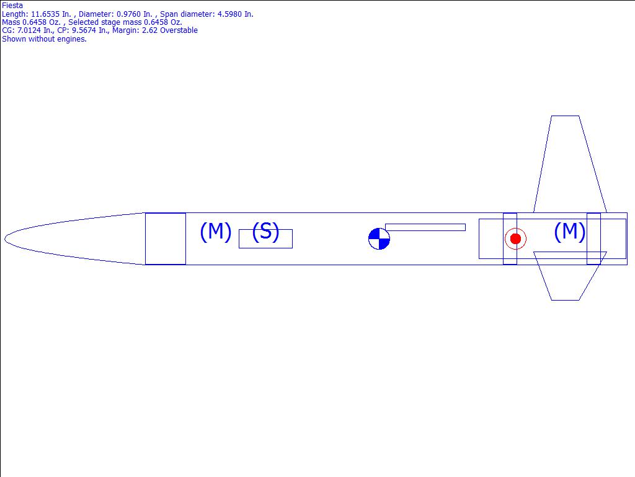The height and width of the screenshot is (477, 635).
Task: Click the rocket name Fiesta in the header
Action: click(x=12, y=6)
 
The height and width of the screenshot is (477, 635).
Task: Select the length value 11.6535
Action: click(x=47, y=14)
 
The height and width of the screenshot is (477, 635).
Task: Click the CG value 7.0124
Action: click(x=29, y=30)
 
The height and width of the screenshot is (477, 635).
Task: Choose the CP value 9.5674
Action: click(x=84, y=30)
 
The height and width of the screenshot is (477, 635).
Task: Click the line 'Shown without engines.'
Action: click(x=44, y=39)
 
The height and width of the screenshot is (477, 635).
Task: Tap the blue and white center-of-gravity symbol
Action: click(x=379, y=239)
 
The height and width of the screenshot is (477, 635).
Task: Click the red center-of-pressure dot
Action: click(x=515, y=238)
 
